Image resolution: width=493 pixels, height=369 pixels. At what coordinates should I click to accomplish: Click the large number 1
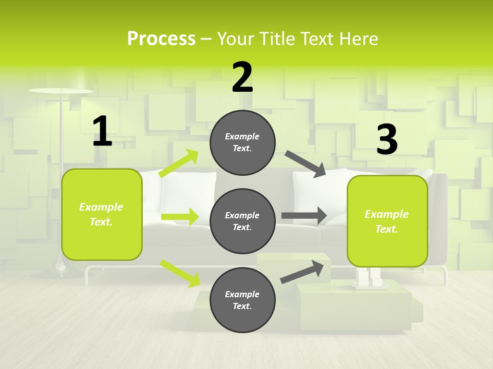pos(102,132)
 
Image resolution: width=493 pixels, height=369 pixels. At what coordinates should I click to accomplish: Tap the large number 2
pos(242,77)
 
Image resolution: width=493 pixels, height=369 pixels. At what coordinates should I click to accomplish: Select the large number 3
pos(387,140)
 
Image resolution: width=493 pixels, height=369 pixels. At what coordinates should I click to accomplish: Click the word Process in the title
pos(161,39)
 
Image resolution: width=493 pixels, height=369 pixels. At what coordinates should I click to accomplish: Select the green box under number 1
pos(102,214)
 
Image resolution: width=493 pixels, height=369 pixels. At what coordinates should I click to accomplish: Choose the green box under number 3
pos(387,221)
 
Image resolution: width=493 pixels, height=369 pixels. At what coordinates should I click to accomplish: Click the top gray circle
pos(242,142)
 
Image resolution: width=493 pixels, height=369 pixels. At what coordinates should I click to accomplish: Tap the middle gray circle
pos(242,221)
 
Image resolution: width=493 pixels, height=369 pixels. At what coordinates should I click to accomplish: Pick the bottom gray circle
pos(242,300)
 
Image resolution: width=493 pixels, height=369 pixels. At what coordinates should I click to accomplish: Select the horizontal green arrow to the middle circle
pos(180,217)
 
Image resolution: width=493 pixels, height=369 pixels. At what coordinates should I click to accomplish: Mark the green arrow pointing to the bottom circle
pos(180,273)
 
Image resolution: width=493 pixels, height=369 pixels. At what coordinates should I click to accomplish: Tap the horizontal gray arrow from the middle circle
pos(304,216)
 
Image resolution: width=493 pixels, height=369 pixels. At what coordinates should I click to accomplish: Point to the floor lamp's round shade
pos(61,91)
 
